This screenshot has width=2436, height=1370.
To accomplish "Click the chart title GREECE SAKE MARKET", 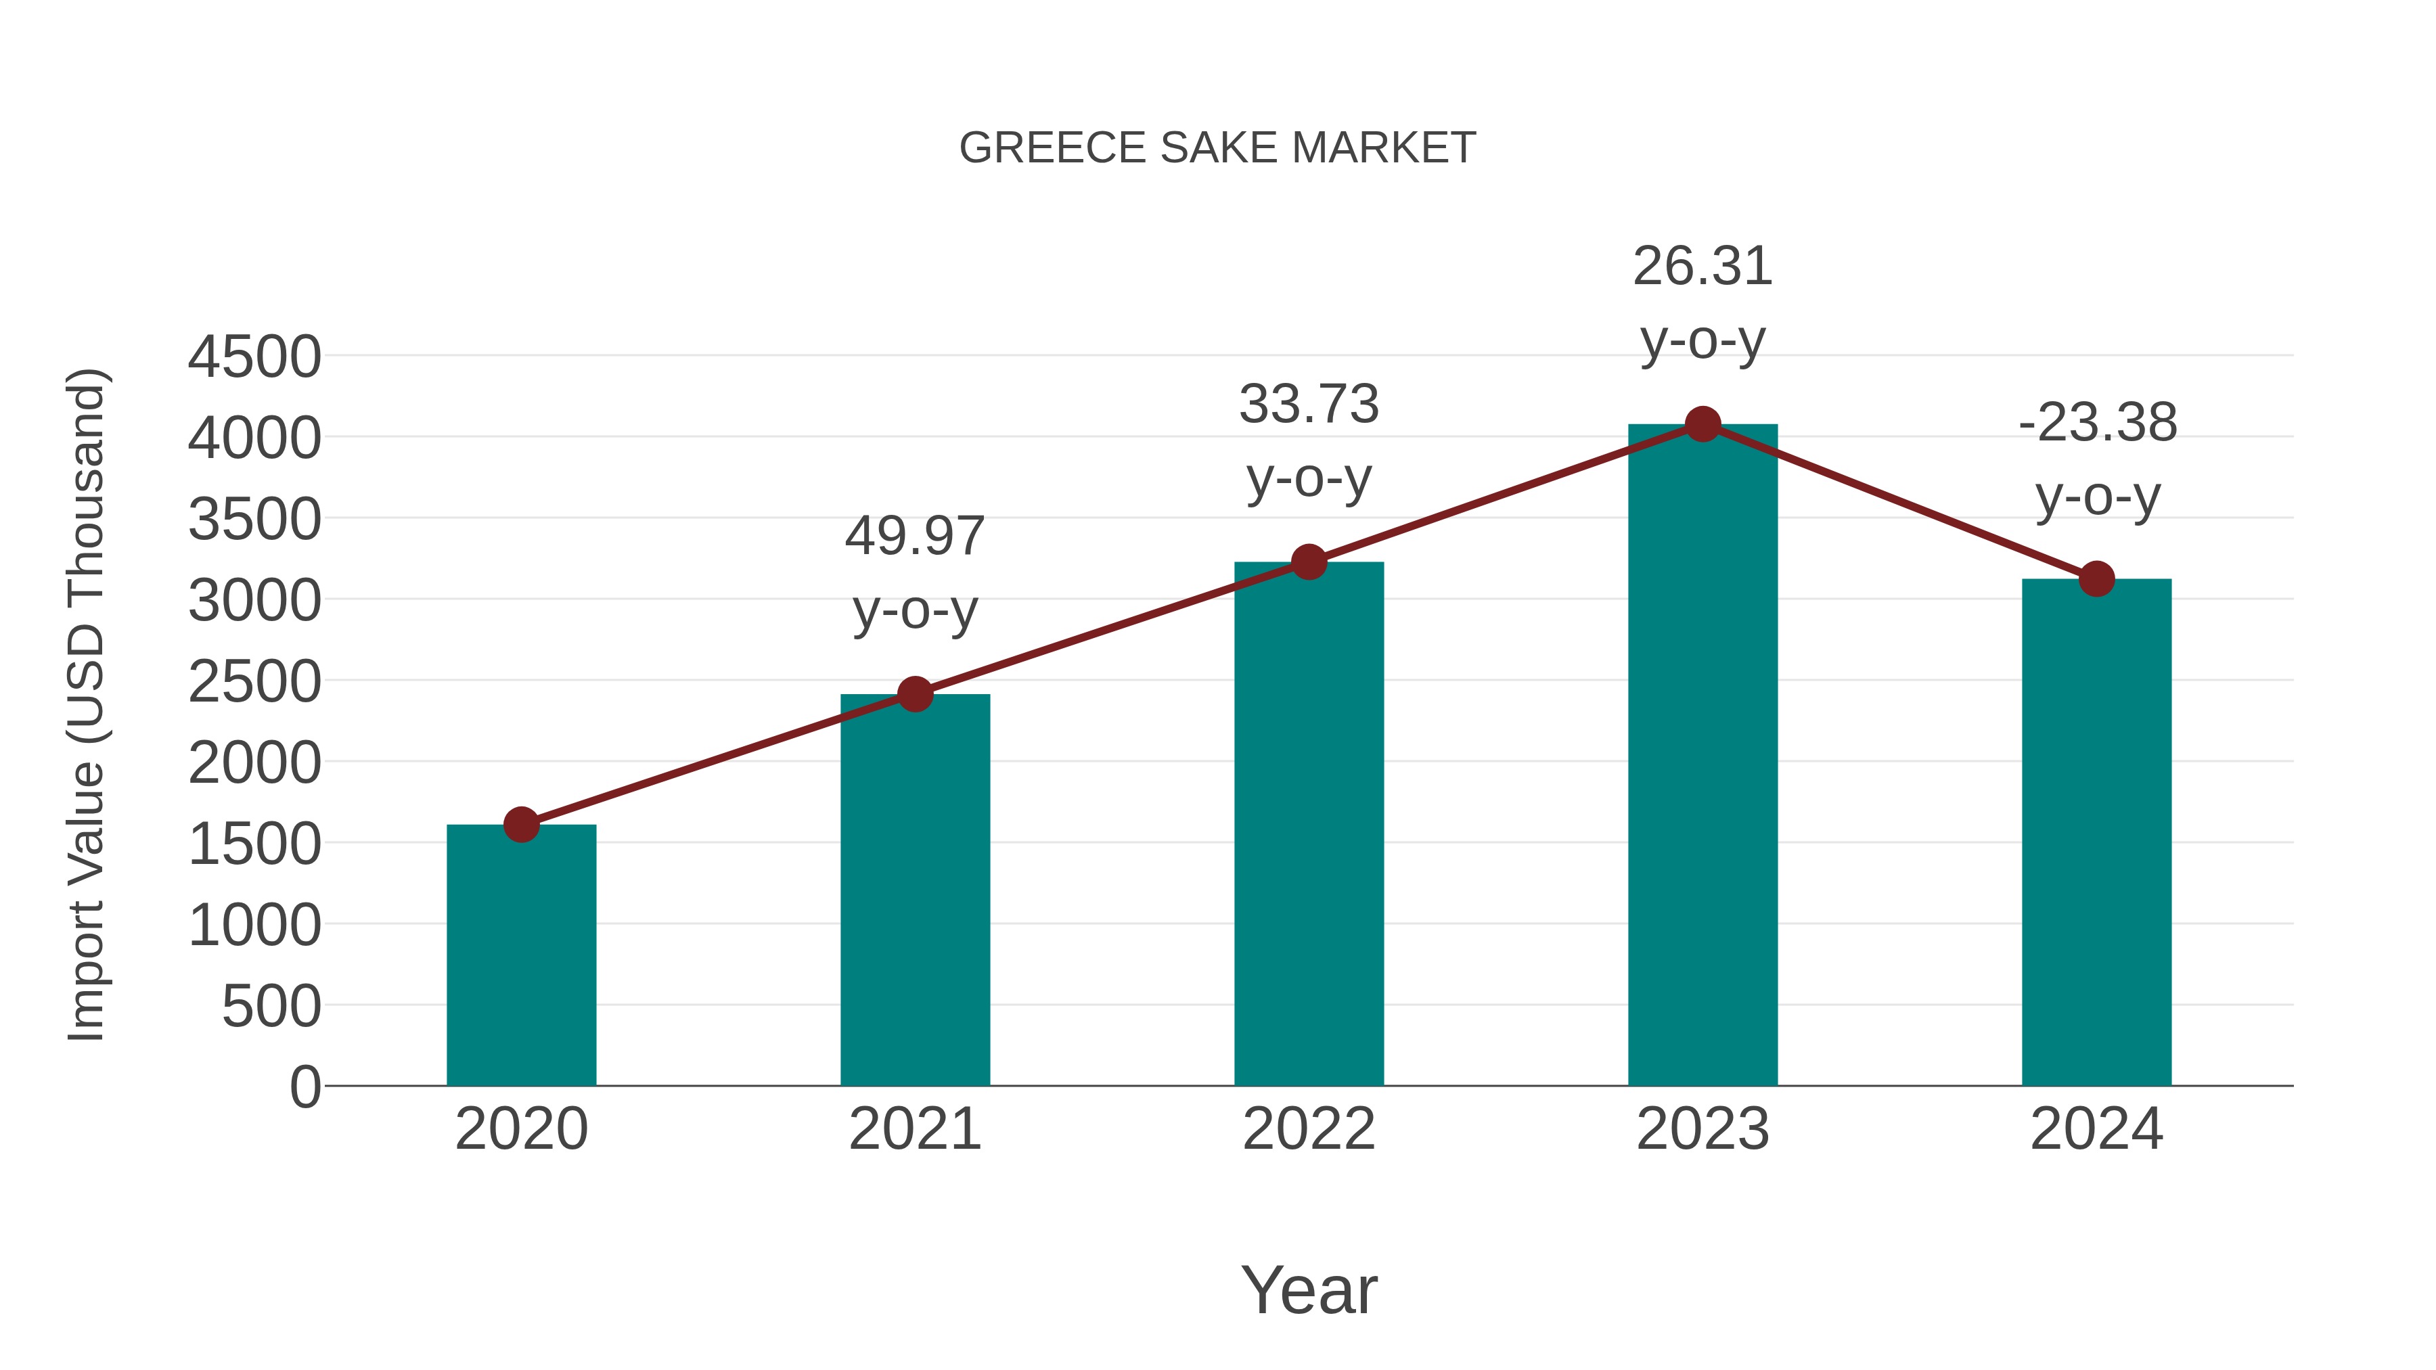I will pos(1217,148).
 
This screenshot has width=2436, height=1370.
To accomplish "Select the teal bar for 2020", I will pos(521,955).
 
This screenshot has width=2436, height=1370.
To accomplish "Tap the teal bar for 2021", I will pos(914,890).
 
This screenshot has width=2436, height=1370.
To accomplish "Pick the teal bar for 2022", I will pos(1309,823).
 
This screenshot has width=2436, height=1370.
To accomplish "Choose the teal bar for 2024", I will pos(2096,832).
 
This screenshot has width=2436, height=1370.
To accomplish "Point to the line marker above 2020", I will pos(521,825).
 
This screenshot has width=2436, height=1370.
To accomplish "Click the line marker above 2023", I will pos(1702,424).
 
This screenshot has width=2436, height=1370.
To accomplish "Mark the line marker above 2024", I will pos(2096,578).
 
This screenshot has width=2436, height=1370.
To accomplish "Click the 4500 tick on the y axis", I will pos(254,357).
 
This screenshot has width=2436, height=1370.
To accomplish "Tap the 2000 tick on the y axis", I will pos(254,763).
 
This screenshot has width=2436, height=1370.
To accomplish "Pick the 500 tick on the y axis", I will pos(271,1006).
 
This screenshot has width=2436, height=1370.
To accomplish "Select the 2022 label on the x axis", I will pos(1309,1129).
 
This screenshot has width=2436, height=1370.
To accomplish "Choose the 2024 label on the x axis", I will pos(2096,1129).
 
